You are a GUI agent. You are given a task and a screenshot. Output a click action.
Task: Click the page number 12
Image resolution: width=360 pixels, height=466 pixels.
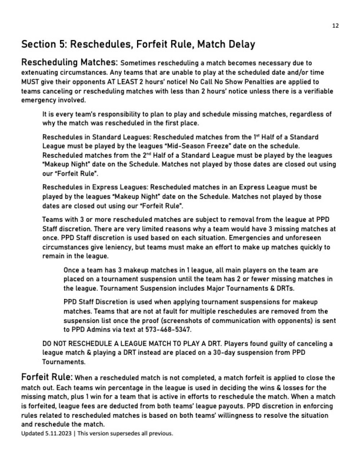tap(335, 26)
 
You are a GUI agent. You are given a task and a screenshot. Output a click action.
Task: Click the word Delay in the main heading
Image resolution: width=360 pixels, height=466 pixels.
tap(241, 44)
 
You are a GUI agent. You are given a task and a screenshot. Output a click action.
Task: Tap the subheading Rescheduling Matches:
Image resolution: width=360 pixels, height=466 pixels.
tap(69, 62)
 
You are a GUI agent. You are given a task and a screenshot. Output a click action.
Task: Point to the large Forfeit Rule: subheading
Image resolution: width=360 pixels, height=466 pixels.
tap(47, 377)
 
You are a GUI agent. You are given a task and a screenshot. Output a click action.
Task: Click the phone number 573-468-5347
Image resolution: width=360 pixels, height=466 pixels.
tap(168, 330)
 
